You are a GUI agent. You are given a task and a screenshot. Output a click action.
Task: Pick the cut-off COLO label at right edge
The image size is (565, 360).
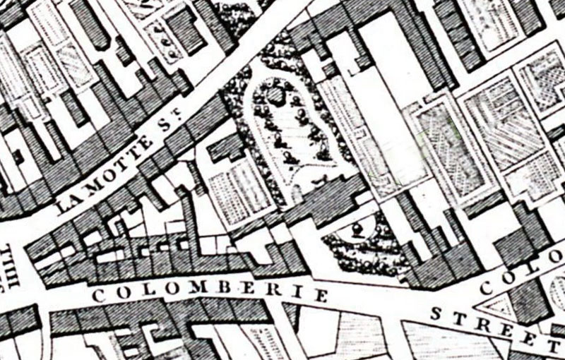pyautogui.click(x=523, y=278)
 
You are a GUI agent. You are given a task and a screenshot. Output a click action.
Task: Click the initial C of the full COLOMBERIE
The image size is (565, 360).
pyautogui.click(x=98, y=296)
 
